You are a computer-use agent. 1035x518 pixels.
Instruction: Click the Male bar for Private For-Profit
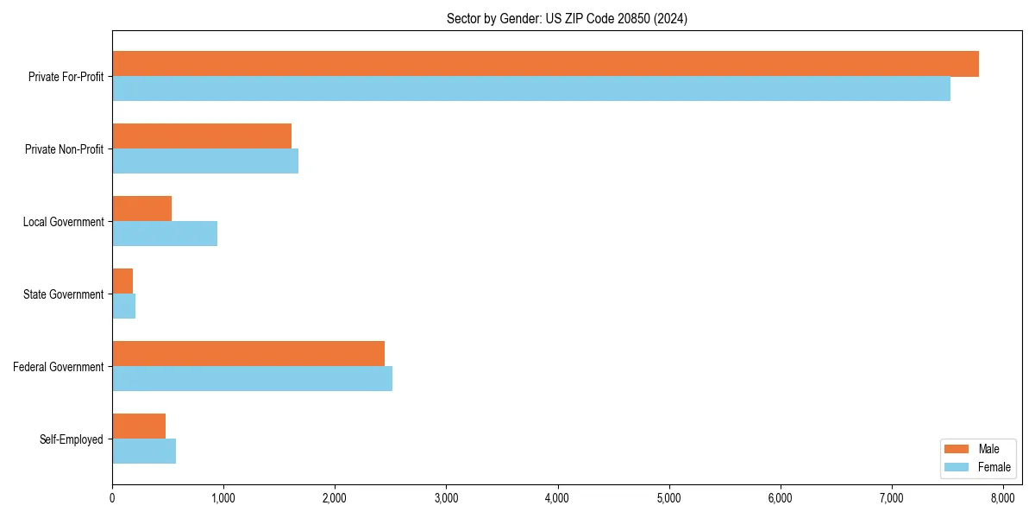click(545, 64)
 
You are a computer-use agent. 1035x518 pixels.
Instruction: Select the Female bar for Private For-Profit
click(531, 89)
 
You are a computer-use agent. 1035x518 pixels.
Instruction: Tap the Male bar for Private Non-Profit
click(202, 136)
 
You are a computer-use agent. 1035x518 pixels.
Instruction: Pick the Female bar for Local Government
click(165, 234)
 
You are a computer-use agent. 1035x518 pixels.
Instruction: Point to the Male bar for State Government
click(122, 281)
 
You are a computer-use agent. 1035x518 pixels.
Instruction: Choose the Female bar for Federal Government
click(252, 379)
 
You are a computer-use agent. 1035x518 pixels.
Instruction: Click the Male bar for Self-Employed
click(139, 426)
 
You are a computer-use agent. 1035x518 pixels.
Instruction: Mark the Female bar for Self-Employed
click(144, 452)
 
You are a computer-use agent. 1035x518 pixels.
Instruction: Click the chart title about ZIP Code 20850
click(567, 18)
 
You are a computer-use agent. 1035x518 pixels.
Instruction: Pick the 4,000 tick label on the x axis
click(557, 497)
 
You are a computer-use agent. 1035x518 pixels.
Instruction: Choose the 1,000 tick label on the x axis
click(223, 497)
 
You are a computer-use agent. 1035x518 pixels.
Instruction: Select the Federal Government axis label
click(58, 367)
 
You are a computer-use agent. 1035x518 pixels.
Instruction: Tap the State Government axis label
click(63, 294)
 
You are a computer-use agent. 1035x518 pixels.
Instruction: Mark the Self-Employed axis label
click(71, 439)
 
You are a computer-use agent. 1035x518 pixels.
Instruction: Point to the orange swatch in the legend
click(957, 449)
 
